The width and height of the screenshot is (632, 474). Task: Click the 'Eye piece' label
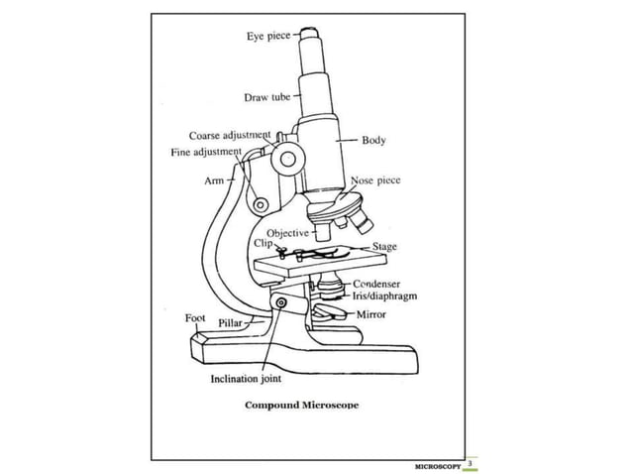coord(268,37)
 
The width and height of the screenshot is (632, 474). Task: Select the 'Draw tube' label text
coord(266,97)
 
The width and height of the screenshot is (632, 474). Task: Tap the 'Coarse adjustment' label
coord(229,135)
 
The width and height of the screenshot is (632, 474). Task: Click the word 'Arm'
coord(214,181)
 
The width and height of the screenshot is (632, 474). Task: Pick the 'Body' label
coord(373,141)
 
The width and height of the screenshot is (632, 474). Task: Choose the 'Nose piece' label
coord(375,181)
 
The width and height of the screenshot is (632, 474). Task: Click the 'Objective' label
coord(287,232)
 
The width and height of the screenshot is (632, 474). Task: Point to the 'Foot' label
coord(194,318)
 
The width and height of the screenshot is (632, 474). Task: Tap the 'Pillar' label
coord(231,324)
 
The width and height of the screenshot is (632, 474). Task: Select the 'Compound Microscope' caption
coord(302,405)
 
